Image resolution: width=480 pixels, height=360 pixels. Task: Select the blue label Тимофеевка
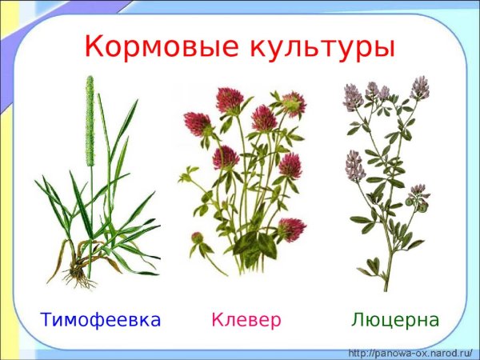click(101, 321)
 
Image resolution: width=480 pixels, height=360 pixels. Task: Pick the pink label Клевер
click(246, 321)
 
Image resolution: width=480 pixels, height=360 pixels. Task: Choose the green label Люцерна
click(395, 321)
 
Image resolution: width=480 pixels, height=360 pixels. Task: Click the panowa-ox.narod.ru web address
click(411, 352)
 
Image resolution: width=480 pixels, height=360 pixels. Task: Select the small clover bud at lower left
click(197, 238)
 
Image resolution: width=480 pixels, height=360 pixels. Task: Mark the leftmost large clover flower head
click(196, 124)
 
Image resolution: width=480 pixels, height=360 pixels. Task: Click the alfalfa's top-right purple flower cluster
click(419, 87)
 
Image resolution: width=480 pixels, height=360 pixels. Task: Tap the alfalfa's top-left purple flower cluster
click(353, 97)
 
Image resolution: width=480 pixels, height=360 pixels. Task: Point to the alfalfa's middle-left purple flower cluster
click(355, 166)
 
